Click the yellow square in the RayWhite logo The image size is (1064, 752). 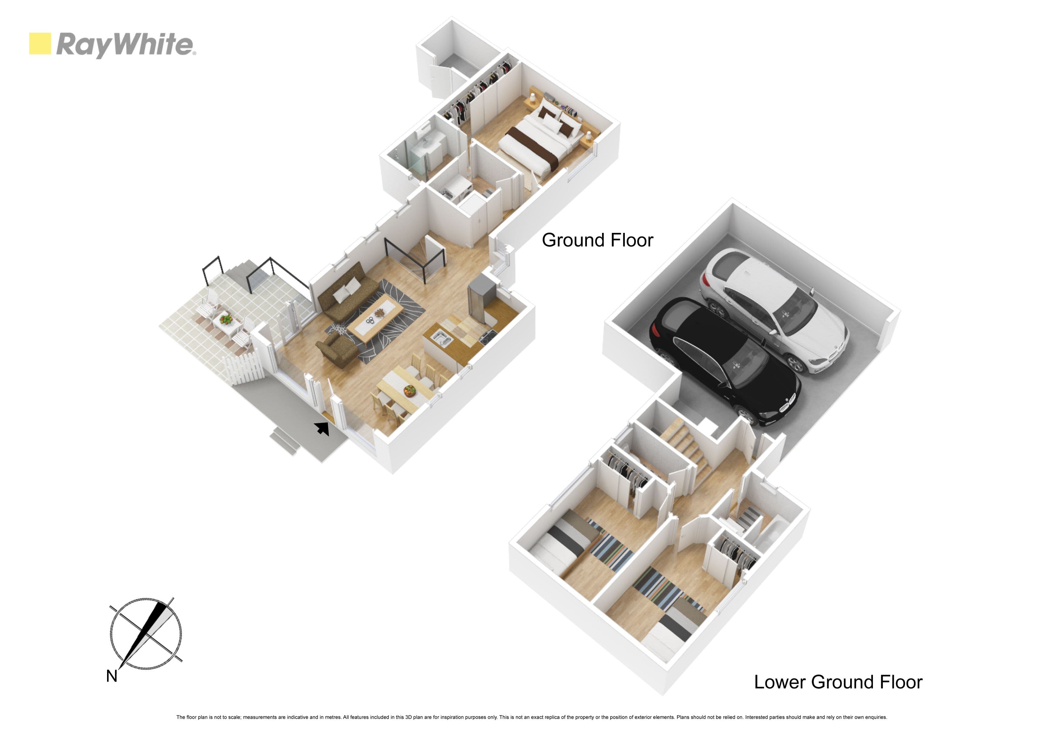point(40,44)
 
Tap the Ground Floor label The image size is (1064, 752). point(597,240)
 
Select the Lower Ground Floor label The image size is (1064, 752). point(838,682)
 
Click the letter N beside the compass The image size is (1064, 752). point(112,676)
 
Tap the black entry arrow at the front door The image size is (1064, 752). point(322,428)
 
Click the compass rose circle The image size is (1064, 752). point(146,633)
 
